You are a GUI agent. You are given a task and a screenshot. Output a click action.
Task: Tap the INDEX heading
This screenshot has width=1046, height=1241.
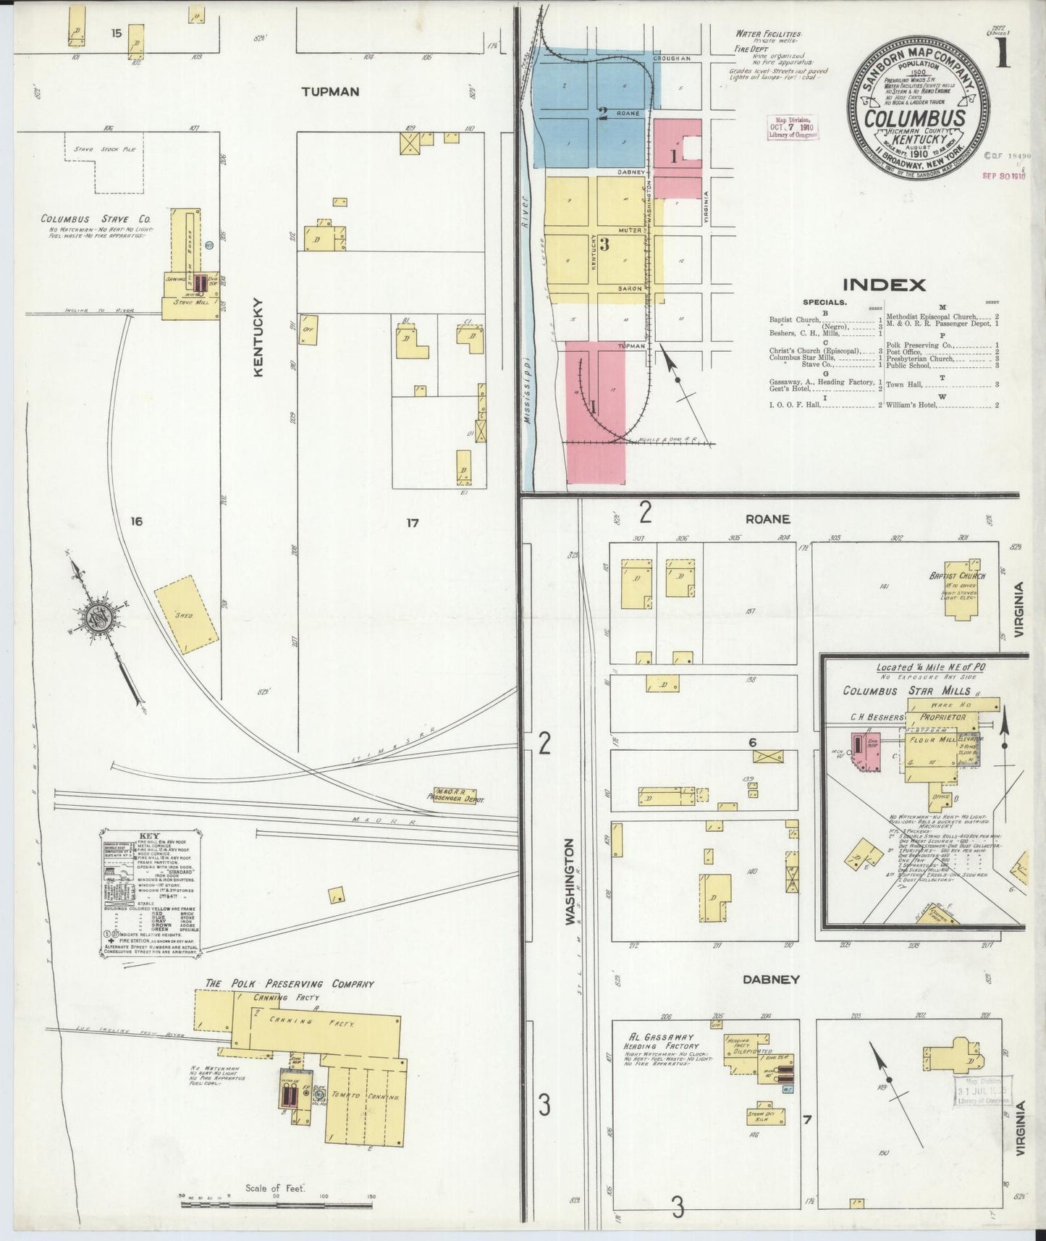pyautogui.click(x=883, y=285)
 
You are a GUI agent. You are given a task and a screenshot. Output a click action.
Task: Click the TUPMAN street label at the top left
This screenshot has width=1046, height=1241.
pyautogui.click(x=330, y=92)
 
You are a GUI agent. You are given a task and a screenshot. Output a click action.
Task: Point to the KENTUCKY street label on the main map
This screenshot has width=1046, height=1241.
pyautogui.click(x=258, y=337)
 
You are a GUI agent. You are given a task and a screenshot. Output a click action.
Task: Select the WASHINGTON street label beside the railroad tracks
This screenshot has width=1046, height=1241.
pyautogui.click(x=569, y=880)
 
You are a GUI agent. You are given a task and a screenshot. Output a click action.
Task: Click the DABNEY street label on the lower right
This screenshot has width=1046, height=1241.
pyautogui.click(x=771, y=979)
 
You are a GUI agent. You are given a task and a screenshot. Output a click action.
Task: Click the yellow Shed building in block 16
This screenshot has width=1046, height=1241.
pyautogui.click(x=186, y=615)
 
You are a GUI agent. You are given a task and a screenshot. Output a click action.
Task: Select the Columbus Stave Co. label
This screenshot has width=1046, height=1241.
pyautogui.click(x=95, y=219)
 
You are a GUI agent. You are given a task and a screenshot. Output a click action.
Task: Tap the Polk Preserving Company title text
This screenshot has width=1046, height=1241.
pyautogui.click(x=290, y=983)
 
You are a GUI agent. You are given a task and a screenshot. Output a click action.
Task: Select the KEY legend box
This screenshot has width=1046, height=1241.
pyautogui.click(x=150, y=893)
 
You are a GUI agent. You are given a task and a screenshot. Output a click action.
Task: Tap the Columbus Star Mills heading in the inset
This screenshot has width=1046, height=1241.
pyautogui.click(x=906, y=691)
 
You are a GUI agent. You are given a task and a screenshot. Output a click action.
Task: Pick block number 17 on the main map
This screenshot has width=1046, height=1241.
pyautogui.click(x=412, y=522)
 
